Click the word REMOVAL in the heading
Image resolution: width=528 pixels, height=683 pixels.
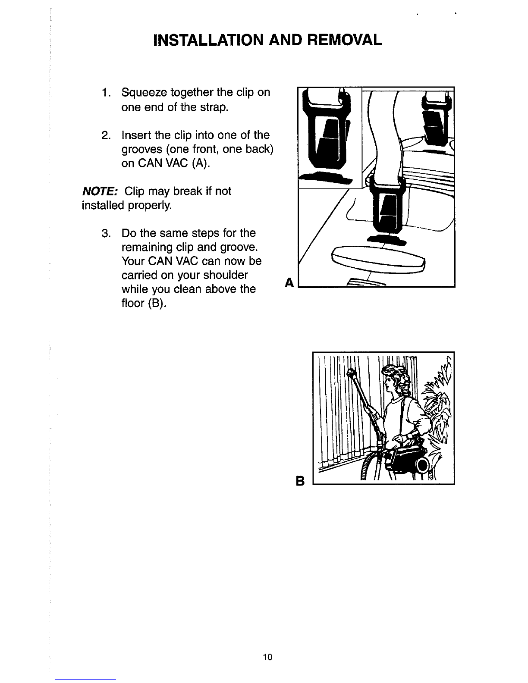click(344, 40)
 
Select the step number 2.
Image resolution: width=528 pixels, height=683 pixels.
click(106, 135)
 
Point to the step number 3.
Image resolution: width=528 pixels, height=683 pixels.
click(106, 233)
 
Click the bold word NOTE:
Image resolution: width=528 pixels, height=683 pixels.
click(100, 191)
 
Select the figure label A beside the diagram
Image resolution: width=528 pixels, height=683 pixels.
click(289, 282)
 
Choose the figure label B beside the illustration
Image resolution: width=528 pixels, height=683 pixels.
click(300, 481)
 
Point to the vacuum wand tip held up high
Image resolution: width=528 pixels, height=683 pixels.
click(351, 374)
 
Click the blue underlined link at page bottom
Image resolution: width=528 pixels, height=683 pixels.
click(85, 679)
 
